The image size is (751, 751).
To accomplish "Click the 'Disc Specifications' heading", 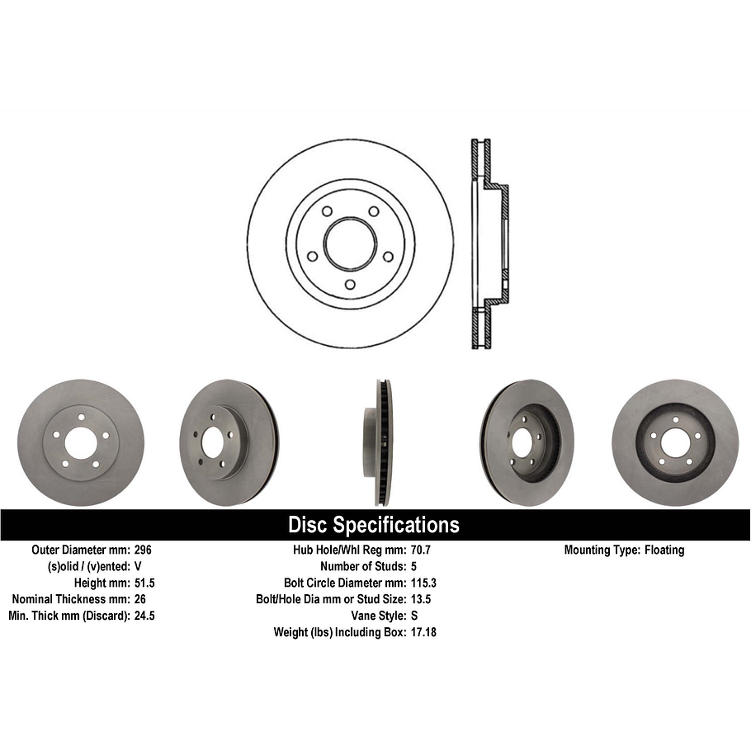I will tap(373, 525).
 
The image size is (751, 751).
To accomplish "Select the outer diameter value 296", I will tap(143, 550).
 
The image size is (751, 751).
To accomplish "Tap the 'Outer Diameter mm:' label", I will tap(80, 550).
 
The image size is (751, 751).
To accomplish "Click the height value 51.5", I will tap(144, 583).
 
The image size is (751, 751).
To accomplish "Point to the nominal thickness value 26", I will tap(139, 599).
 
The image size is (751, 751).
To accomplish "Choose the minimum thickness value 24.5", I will tap(144, 616).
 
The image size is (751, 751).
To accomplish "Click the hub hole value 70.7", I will tap(423, 550).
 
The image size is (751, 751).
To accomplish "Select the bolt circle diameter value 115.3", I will tap(425, 583).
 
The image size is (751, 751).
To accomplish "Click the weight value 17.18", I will tap(425, 632).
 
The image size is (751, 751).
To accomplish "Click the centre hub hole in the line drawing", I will tap(350, 243).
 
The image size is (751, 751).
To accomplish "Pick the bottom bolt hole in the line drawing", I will tap(350, 285).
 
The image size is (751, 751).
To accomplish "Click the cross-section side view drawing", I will tap(489, 243).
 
